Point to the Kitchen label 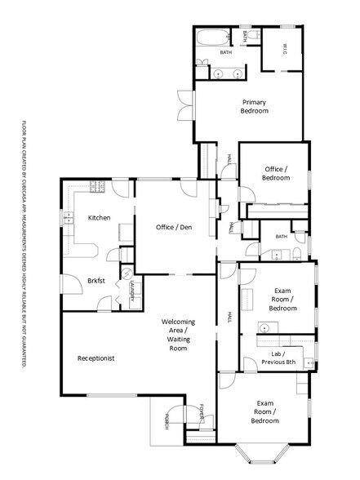[x=99, y=218]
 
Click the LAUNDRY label [x=131, y=290]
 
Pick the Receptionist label [x=96, y=358]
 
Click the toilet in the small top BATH [x=256, y=36]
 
